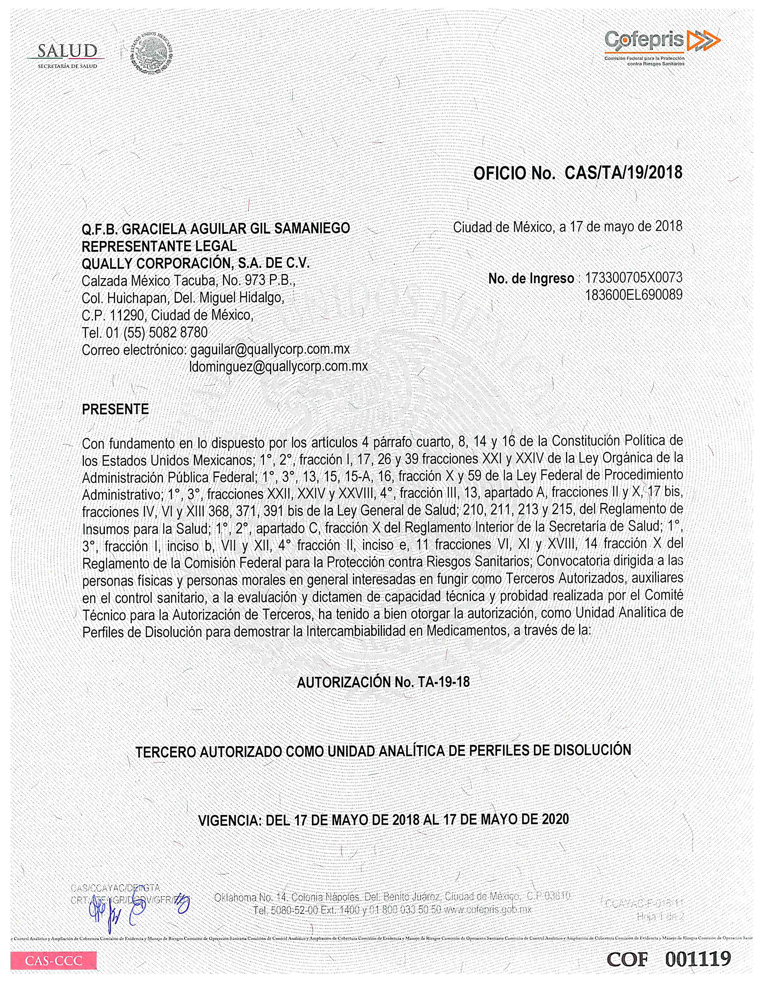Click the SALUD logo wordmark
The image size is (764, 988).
click(x=67, y=52)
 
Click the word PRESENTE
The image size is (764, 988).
click(x=115, y=409)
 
